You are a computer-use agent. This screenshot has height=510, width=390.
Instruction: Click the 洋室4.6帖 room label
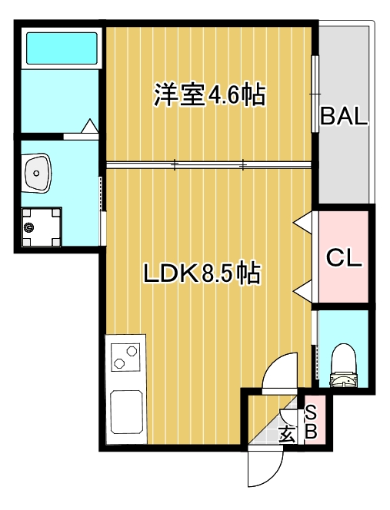(209, 94)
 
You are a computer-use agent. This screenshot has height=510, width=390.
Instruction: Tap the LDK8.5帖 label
(201, 272)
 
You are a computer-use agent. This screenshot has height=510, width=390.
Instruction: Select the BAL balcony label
(345, 118)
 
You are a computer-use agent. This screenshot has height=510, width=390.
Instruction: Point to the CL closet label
(344, 257)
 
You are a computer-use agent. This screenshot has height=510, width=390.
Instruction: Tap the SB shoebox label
(312, 423)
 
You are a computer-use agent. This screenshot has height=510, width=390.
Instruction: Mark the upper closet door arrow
(304, 223)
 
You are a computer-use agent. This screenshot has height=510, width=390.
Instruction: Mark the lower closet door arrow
(304, 291)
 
